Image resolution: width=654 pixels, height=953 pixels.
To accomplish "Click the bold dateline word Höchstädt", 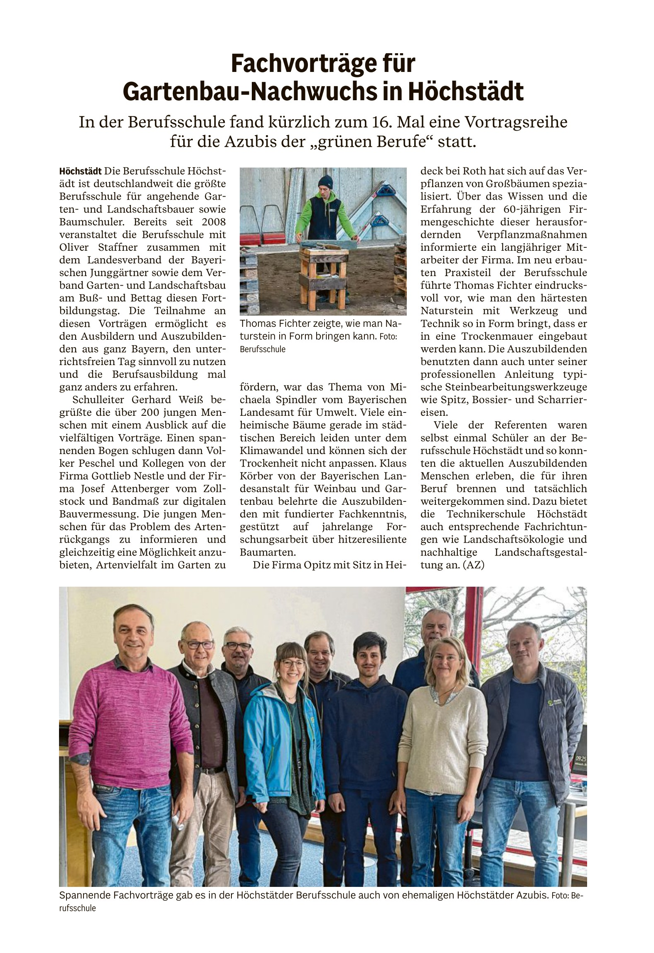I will tap(80, 171).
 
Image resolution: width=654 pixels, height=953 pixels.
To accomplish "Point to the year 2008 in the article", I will tap(214, 222).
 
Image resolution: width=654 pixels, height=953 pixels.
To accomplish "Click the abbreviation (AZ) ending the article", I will tap(473, 565).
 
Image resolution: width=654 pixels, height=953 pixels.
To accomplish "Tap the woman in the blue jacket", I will tap(284, 748).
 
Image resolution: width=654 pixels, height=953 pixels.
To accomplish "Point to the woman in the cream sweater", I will tap(443, 748).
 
